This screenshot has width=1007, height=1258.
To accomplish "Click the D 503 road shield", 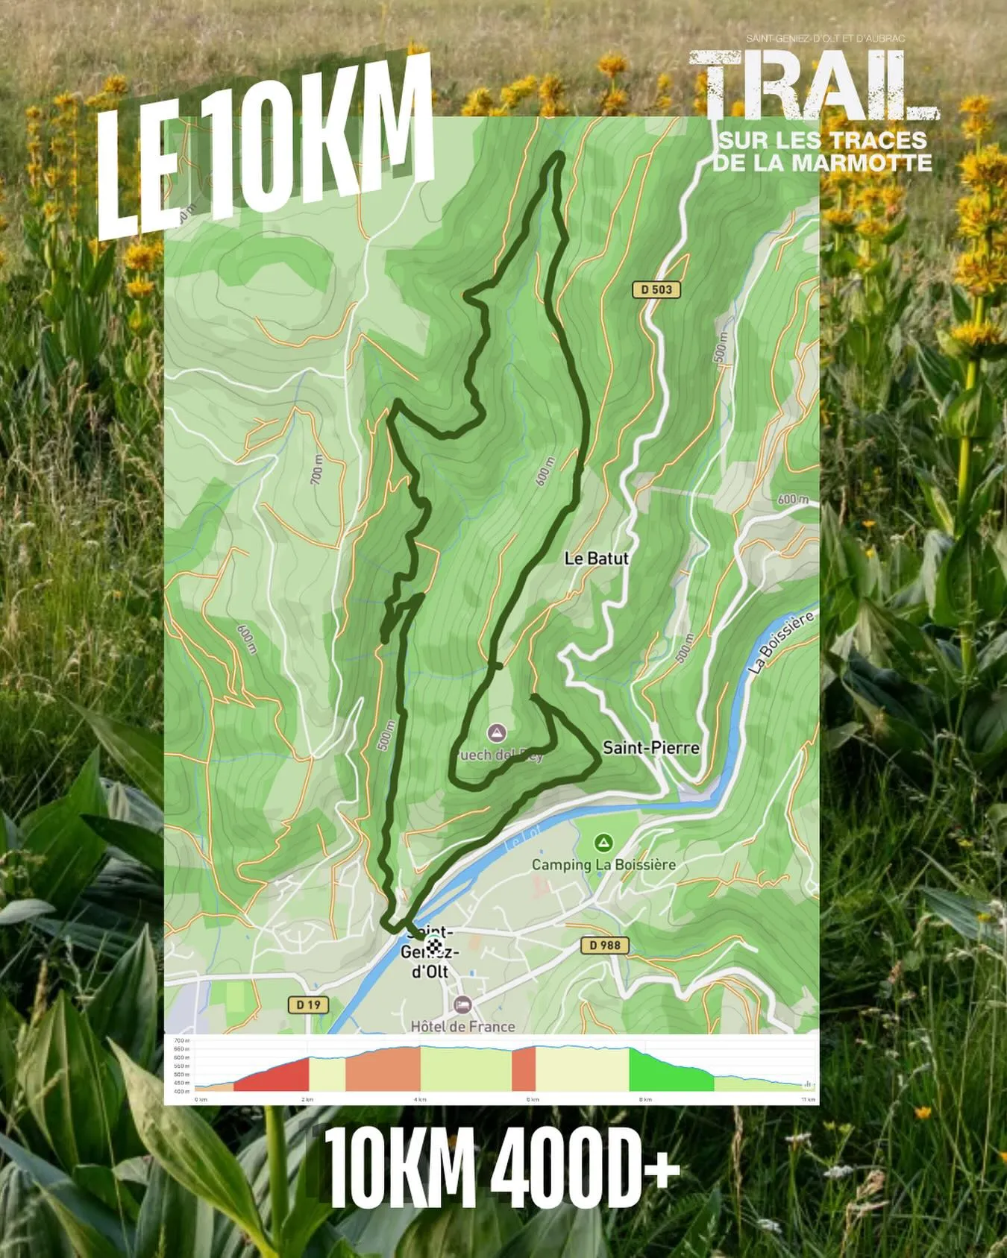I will click(656, 289).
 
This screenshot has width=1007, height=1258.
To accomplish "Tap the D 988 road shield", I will click(605, 945).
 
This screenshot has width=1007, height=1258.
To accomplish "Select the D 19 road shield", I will click(308, 1004).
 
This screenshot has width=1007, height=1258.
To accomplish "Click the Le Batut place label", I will click(596, 558).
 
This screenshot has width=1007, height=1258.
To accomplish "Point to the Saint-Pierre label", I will click(650, 747).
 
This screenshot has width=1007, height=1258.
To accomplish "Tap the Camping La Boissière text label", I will click(603, 864).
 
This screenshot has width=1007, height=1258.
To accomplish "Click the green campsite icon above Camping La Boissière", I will click(603, 843).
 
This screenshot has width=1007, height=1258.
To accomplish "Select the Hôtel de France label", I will click(462, 1026).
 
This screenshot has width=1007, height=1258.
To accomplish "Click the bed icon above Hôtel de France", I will click(462, 1005).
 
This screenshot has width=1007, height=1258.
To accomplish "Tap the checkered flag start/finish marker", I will click(433, 946).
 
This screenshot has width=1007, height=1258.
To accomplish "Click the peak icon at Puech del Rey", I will click(497, 732).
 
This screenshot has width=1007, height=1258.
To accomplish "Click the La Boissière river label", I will click(781, 642).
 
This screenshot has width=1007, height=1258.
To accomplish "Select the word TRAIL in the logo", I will click(813, 86).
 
